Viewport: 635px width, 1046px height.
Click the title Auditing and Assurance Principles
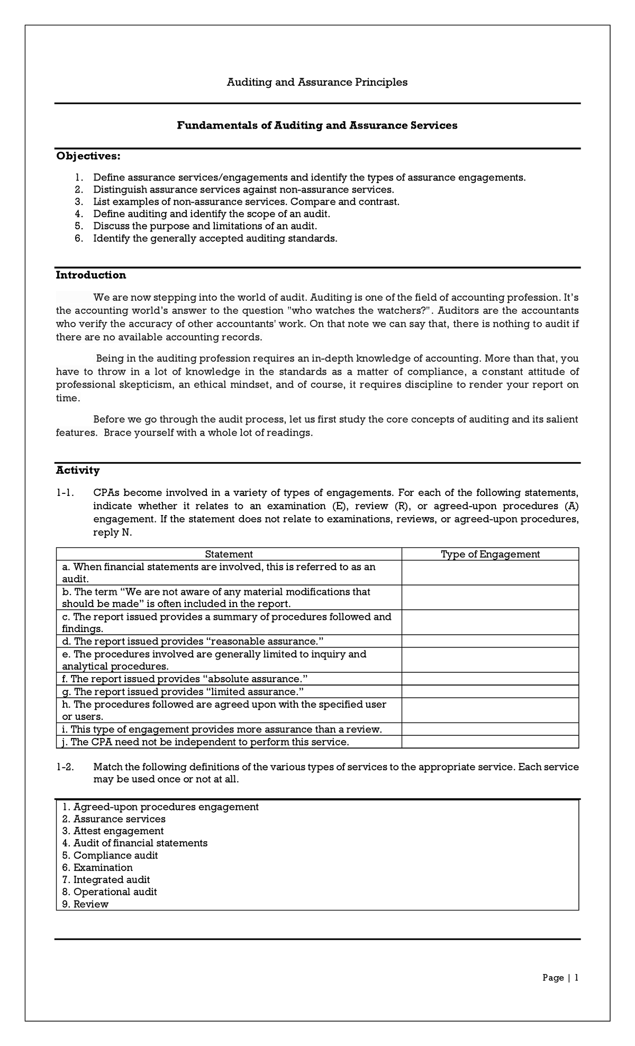tap(317, 82)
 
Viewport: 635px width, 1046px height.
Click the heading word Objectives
tap(88, 156)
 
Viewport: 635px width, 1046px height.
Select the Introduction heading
tap(91, 275)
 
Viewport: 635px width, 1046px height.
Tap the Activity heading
tap(78, 470)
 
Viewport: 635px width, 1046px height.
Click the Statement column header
tap(229, 554)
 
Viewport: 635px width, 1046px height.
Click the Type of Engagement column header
tap(490, 554)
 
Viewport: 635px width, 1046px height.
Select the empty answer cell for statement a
tap(490, 573)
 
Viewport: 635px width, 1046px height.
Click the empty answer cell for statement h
tap(490, 710)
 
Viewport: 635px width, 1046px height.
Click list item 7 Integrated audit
tap(106, 880)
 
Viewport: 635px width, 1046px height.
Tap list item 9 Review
tap(85, 904)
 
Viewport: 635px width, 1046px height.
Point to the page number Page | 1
tap(560, 978)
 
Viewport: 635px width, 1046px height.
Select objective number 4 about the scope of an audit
tap(211, 214)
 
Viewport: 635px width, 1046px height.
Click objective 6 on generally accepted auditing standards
tap(215, 238)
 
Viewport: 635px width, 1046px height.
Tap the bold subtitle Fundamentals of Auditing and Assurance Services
tap(317, 125)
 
